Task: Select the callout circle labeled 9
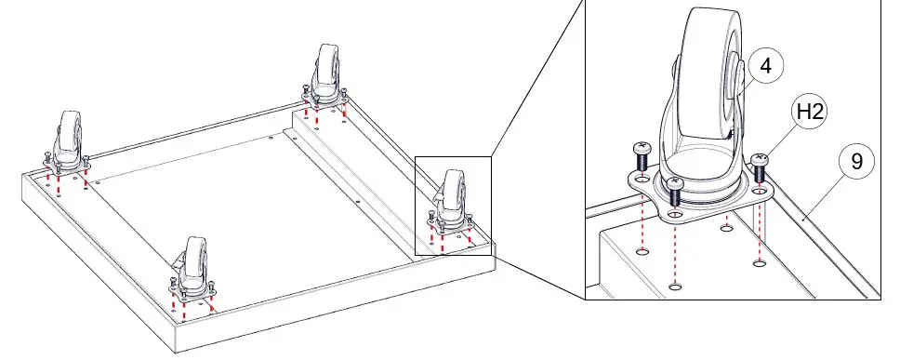point(856,162)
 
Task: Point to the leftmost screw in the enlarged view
point(640,153)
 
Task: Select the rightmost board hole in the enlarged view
point(760,263)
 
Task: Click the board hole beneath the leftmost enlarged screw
point(642,251)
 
